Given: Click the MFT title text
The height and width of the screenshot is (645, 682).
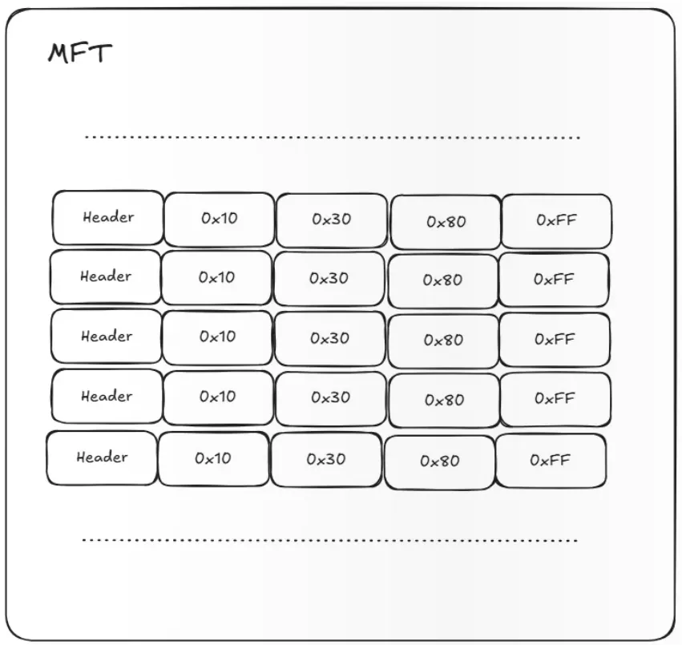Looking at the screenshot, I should click(79, 54).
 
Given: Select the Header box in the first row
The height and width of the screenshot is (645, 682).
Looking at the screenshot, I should click(108, 217).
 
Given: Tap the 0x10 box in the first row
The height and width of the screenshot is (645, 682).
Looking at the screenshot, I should click(220, 219).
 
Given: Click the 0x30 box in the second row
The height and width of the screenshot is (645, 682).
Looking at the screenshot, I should click(329, 279).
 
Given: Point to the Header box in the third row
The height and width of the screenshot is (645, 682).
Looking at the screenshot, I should click(107, 337).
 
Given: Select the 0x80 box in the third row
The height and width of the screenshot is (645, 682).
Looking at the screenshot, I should click(443, 341).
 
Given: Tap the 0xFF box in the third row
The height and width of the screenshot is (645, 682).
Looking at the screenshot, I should click(555, 340).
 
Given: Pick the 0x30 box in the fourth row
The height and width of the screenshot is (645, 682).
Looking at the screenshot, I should click(330, 398).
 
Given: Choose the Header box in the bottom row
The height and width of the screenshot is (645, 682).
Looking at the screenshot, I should click(102, 458).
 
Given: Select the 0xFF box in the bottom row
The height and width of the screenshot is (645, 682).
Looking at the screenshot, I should click(551, 461).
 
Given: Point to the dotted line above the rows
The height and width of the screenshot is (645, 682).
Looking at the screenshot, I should click(333, 138).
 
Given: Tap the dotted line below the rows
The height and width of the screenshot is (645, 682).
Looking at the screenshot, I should click(330, 540).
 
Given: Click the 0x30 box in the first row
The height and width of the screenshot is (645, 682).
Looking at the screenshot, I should click(332, 220).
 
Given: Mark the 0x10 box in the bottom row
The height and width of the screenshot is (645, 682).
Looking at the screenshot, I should click(213, 458).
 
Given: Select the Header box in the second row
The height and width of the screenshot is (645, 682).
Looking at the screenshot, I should click(106, 277).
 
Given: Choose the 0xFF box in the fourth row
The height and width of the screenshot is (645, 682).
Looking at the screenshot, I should click(555, 399).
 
